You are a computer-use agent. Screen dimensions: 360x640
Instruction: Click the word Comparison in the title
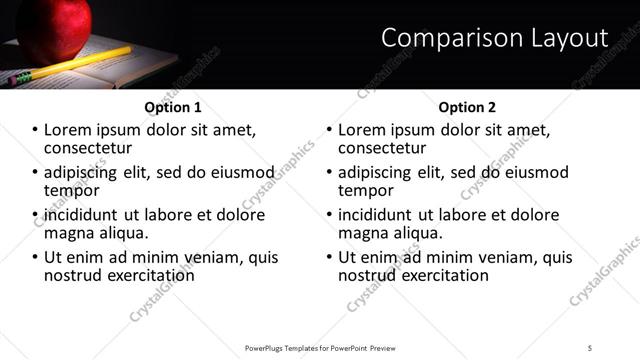point(441,38)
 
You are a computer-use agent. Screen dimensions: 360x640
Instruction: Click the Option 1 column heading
point(173,107)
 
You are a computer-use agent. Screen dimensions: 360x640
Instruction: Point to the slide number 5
point(589,347)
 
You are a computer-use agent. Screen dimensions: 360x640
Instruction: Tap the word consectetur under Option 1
point(89,148)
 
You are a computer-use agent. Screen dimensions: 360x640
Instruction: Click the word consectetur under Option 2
point(383,148)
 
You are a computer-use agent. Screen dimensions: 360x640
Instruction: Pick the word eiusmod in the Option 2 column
point(532,172)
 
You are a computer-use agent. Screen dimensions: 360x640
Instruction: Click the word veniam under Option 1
point(209,257)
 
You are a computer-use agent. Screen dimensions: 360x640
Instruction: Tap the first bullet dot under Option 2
point(328,131)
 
